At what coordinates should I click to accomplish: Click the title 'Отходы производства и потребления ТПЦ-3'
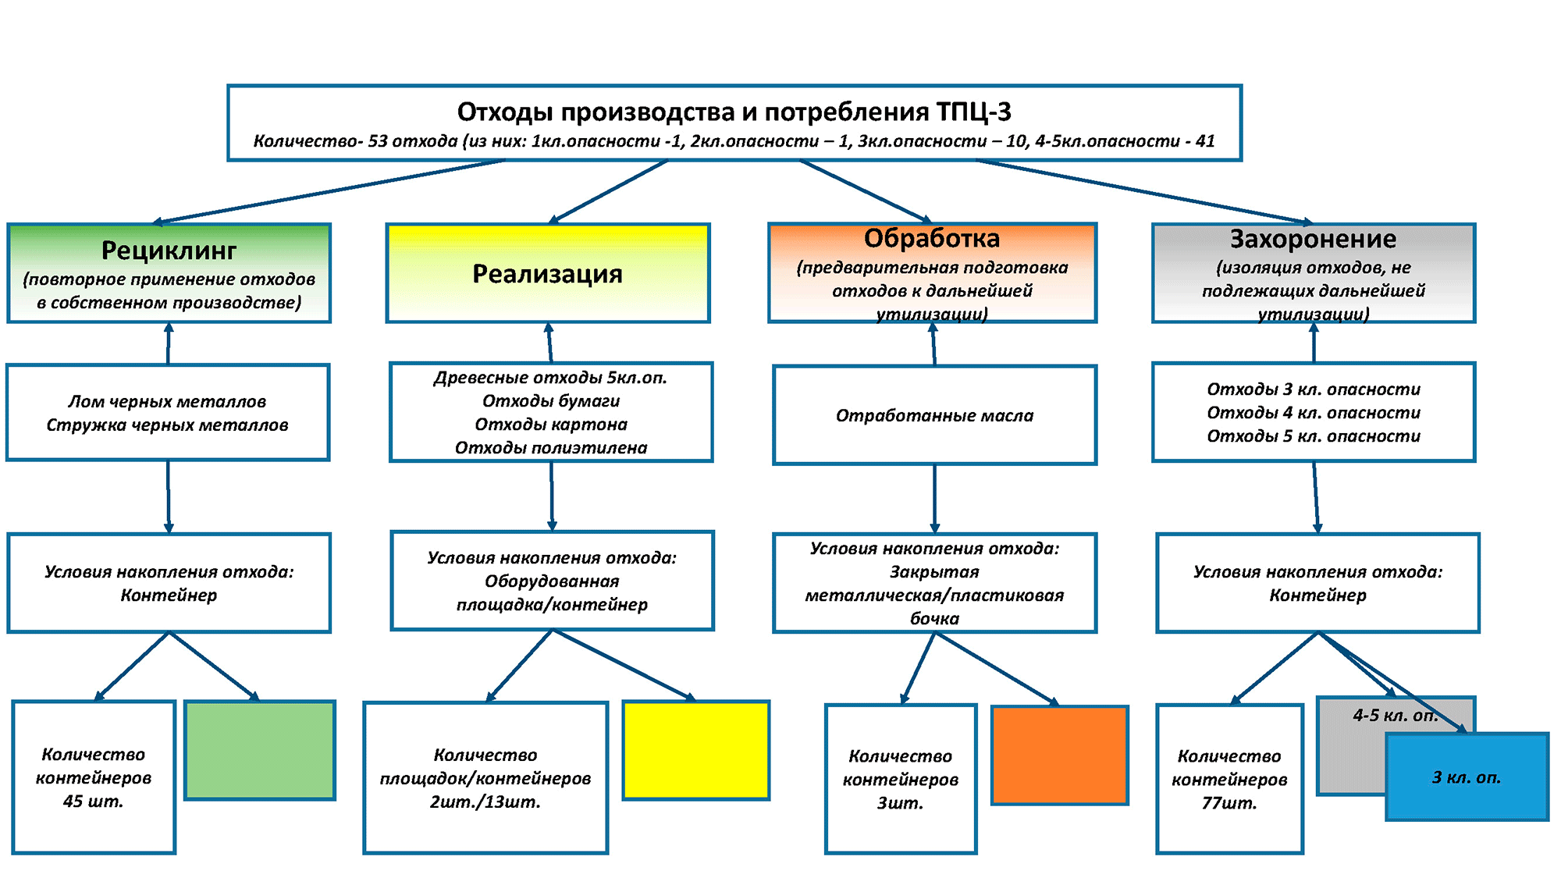[734, 112]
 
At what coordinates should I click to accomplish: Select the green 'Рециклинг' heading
[169, 251]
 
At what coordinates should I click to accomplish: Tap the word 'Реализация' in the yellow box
[547, 274]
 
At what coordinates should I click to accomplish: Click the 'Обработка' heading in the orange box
[932, 238]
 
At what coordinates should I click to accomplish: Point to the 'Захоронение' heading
[1314, 239]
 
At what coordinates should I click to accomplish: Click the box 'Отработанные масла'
[934, 415]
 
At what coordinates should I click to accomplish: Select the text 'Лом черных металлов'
[167, 402]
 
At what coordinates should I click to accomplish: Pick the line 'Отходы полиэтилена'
[551, 448]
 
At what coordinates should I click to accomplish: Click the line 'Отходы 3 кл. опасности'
[1314, 389]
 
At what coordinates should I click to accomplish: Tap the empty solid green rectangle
[260, 750]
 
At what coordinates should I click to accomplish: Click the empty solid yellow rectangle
[696, 750]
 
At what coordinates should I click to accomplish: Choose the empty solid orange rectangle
[1060, 755]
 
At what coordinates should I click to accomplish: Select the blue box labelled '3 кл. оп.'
[1467, 777]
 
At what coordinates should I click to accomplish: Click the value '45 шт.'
[94, 802]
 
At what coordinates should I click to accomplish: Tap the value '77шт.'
[1229, 803]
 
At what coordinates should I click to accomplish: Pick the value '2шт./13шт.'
[485, 802]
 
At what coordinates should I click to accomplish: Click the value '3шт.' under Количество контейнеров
[901, 803]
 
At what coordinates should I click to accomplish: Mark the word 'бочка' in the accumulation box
[934, 619]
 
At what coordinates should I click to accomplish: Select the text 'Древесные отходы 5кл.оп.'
[551, 378]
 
